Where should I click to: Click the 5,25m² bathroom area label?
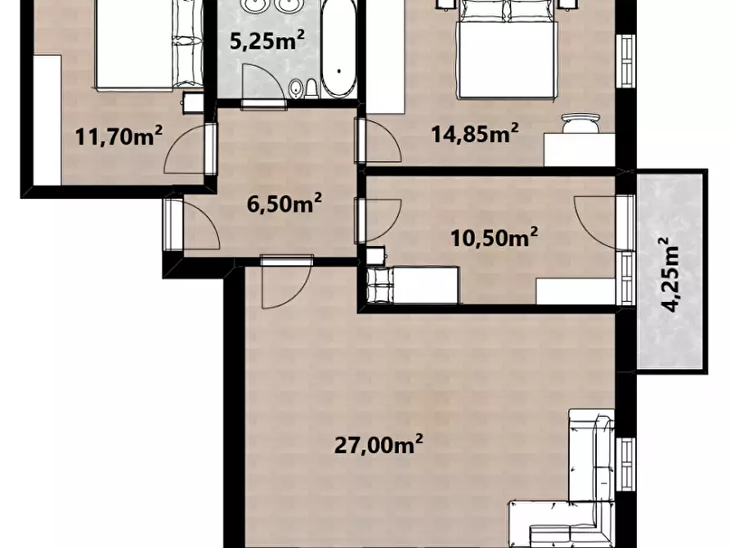pyautogui.click(x=267, y=41)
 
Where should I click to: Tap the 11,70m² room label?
pyautogui.click(x=119, y=137)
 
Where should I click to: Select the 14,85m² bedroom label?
pyautogui.click(x=474, y=133)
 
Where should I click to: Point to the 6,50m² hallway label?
pyautogui.click(x=284, y=203)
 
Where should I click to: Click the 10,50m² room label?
pyautogui.click(x=494, y=237)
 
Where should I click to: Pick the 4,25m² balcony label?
pyautogui.click(x=671, y=275)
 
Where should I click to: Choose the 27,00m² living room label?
pyautogui.click(x=378, y=445)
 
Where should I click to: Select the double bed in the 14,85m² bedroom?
pyautogui.click(x=508, y=52)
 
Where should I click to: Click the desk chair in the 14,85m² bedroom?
pyautogui.click(x=580, y=123)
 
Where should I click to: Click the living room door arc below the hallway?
pyautogui.click(x=287, y=285)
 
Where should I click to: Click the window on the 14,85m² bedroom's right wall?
pyautogui.click(x=627, y=61)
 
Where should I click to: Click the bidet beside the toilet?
pyautogui.click(x=294, y=89)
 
